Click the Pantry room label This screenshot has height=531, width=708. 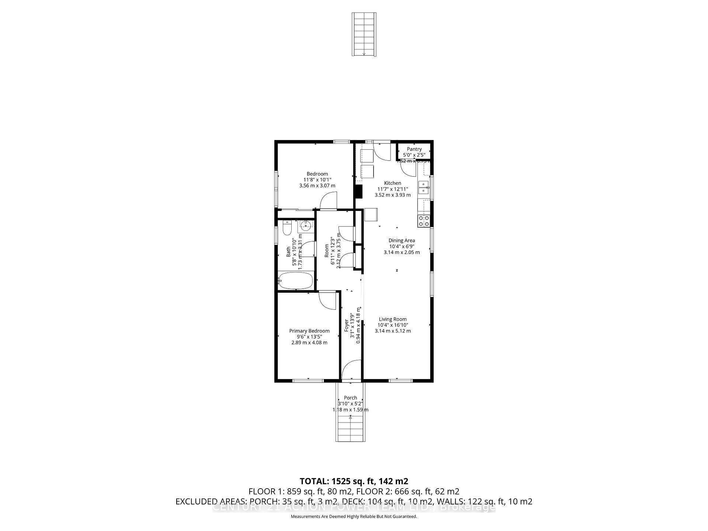414,149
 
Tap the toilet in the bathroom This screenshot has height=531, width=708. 287,228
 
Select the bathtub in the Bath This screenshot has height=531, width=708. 296,281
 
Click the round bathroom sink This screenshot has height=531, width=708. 305,225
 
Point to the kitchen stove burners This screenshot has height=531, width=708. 423,221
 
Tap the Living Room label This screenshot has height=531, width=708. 393,319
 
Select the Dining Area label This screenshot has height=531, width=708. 402,240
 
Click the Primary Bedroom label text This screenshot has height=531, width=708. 309,331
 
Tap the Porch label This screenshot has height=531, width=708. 350,398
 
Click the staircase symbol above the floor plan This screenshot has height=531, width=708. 364,34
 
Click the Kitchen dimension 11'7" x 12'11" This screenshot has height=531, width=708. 392,189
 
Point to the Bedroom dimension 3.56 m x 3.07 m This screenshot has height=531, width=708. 317,185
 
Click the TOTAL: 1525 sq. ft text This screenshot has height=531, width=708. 354,481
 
